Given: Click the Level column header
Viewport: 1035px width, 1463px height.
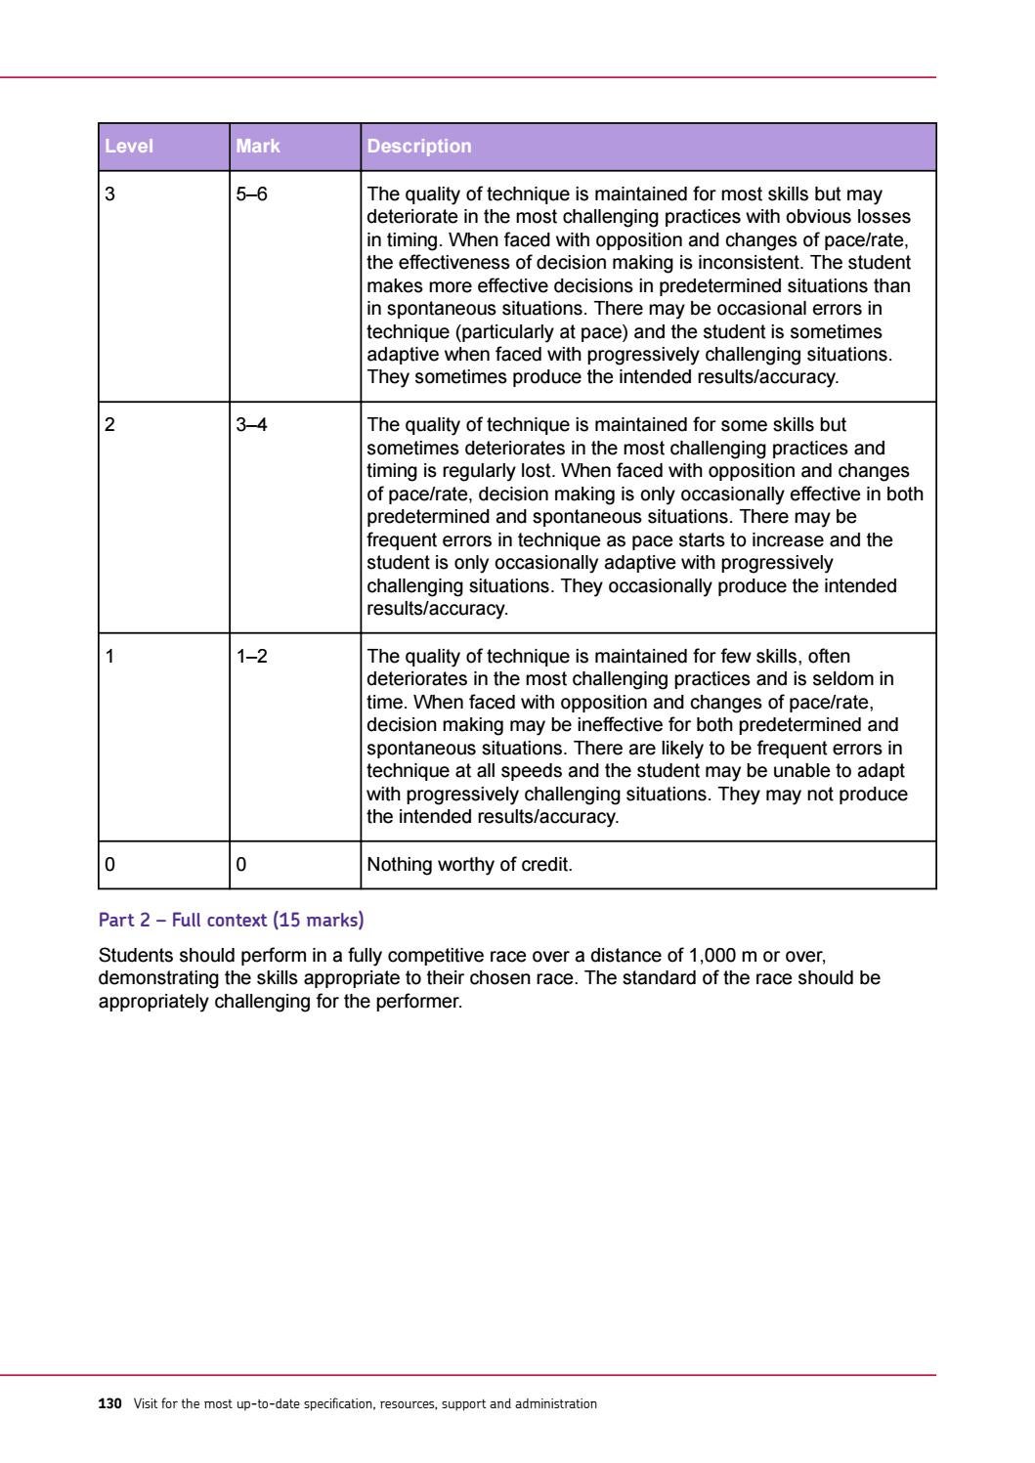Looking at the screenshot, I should tap(129, 147).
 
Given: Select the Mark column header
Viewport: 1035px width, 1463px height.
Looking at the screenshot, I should tap(258, 147).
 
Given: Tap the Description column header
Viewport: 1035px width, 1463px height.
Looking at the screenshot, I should tap(418, 147).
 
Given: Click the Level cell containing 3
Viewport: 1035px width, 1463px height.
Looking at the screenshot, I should tap(110, 194).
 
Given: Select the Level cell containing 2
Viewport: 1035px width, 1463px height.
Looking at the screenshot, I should tap(110, 425).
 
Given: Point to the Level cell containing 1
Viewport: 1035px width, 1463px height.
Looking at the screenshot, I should tap(110, 657).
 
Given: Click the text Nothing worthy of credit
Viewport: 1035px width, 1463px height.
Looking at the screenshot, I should tap(468, 865).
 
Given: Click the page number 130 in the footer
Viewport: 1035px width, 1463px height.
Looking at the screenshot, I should tap(109, 1404).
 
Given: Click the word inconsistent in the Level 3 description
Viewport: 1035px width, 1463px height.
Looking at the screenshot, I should tap(746, 263).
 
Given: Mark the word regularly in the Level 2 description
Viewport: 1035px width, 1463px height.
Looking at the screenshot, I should tap(471, 471).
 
